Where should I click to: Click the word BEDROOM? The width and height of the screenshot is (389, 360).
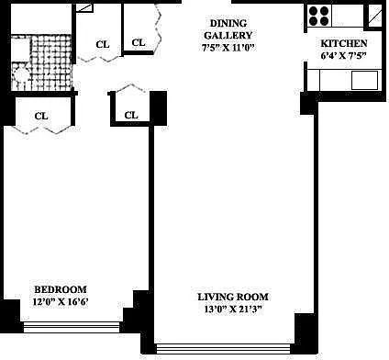pyautogui.click(x=61, y=289)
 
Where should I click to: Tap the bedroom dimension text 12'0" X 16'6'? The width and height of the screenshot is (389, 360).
pyautogui.click(x=61, y=302)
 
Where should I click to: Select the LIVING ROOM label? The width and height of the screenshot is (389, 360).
pyautogui.click(x=233, y=297)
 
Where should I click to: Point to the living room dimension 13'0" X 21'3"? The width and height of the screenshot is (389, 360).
pyautogui.click(x=233, y=309)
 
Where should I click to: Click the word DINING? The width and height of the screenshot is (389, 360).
pyautogui.click(x=228, y=23)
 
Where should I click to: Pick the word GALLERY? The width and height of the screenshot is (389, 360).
pyautogui.click(x=228, y=36)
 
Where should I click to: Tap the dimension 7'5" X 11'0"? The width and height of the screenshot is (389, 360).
pyautogui.click(x=228, y=48)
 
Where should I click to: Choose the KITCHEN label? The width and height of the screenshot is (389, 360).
pyautogui.click(x=344, y=43)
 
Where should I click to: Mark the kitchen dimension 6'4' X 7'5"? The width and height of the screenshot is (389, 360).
pyautogui.click(x=344, y=56)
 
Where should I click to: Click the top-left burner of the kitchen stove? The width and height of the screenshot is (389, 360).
pyautogui.click(x=314, y=12)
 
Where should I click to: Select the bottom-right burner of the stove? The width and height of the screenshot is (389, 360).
pyautogui.click(x=324, y=21)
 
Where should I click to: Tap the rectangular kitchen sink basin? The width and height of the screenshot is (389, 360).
pyautogui.click(x=364, y=80)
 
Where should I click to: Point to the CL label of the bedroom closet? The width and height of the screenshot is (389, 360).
pyautogui.click(x=41, y=116)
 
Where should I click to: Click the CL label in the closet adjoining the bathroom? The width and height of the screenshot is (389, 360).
pyautogui.click(x=103, y=44)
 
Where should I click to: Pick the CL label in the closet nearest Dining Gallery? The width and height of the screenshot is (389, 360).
pyautogui.click(x=139, y=42)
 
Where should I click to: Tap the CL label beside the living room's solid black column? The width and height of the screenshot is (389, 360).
pyautogui.click(x=131, y=115)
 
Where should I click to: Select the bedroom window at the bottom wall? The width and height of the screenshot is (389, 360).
pyautogui.click(x=72, y=327)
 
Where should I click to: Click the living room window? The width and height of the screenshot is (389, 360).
pyautogui.click(x=223, y=349)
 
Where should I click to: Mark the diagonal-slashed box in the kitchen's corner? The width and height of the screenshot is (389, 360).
pyautogui.click(x=374, y=16)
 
